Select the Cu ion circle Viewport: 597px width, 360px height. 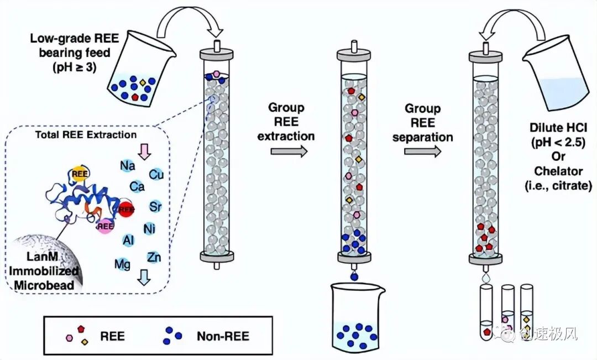pyautogui.click(x=156, y=174)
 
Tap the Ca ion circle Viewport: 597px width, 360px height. pyautogui.click(x=137, y=187)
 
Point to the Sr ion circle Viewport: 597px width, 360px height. pyautogui.click(x=155, y=207)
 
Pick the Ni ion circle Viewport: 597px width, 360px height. pyautogui.click(x=149, y=227)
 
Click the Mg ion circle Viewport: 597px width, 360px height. pyautogui.click(x=122, y=264)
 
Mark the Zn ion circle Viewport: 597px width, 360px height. pyautogui.click(x=154, y=257)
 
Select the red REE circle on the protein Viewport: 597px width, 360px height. pyautogui.click(x=126, y=209)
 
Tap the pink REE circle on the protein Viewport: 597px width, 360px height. pyautogui.click(x=103, y=226)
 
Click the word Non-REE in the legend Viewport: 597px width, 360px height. pyautogui.click(x=223, y=336)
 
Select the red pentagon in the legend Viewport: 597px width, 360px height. pyautogui.click(x=82, y=329)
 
